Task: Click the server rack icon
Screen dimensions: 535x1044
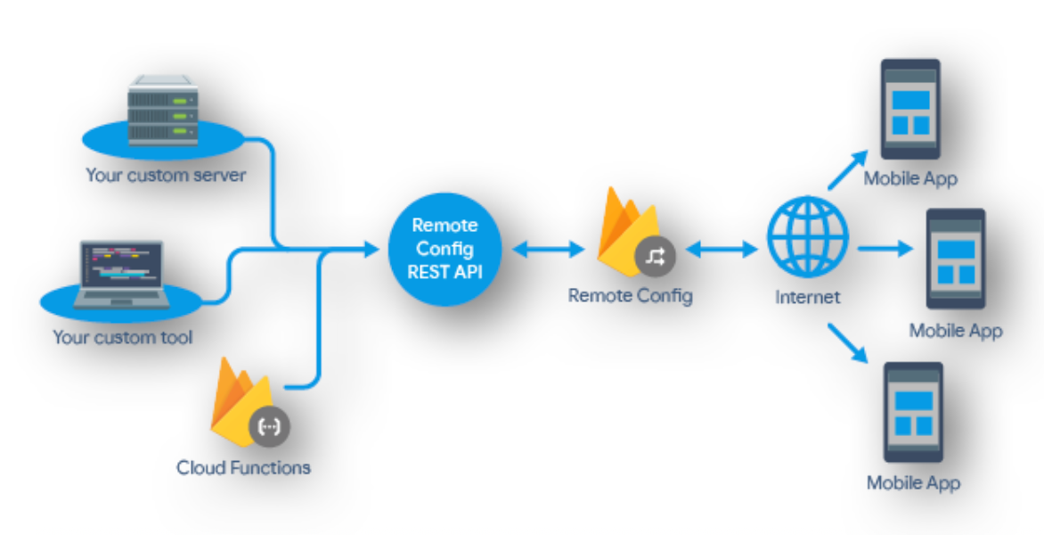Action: tap(163, 111)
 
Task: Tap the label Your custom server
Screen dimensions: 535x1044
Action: tap(166, 174)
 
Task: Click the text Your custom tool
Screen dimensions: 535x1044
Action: tap(122, 337)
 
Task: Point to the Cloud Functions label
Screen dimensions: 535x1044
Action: tap(243, 467)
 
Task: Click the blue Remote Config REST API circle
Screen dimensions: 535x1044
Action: tap(445, 249)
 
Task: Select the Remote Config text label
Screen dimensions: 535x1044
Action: tap(630, 296)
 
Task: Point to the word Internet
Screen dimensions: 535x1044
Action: tap(807, 297)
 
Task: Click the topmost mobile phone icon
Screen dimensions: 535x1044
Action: tap(910, 109)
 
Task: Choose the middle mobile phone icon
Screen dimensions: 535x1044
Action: tap(956, 259)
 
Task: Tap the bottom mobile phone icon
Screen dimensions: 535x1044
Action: tap(912, 412)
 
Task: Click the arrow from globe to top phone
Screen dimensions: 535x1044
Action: tap(846, 169)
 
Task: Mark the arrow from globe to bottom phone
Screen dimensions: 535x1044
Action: tap(847, 342)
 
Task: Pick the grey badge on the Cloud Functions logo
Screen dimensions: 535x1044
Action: tap(268, 426)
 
